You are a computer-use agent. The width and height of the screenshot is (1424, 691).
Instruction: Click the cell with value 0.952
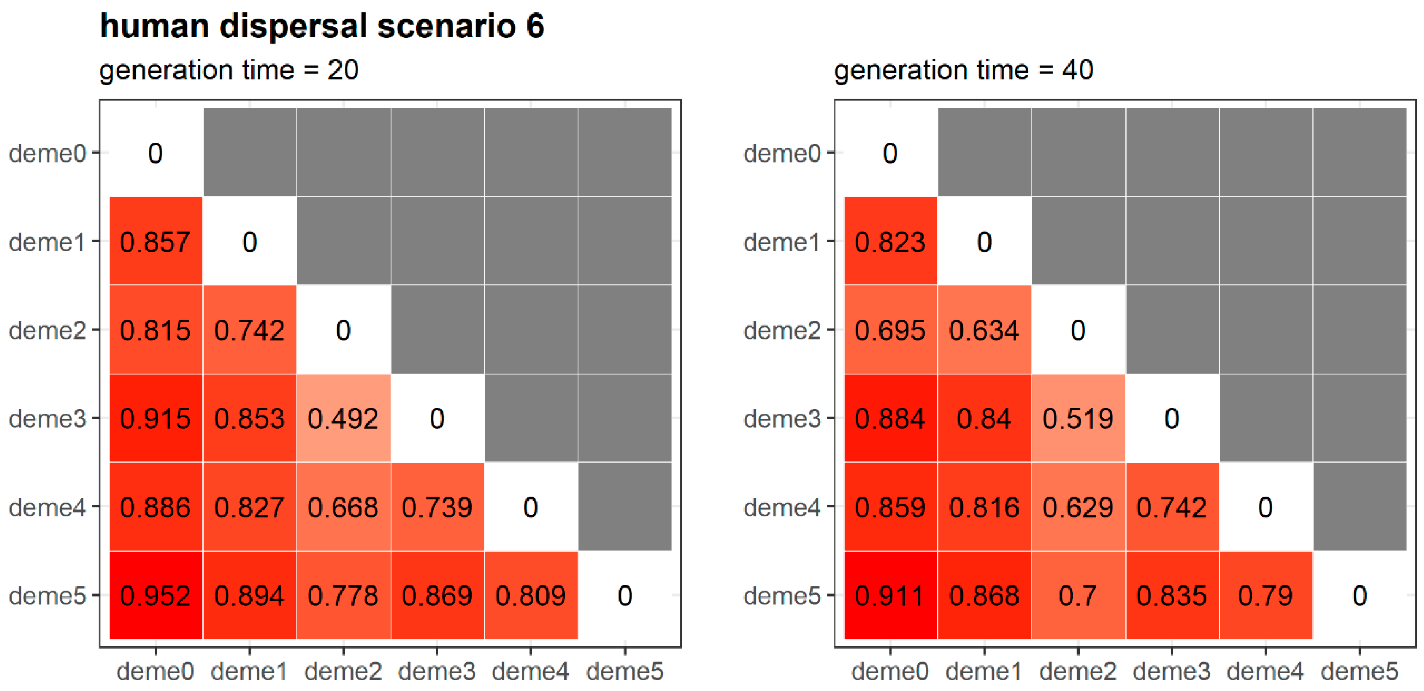point(155,595)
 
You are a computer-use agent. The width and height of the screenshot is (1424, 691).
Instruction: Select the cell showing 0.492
point(343,418)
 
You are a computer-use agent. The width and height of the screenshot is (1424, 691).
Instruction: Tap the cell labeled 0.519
point(1077,418)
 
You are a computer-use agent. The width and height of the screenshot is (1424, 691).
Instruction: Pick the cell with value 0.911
point(890,595)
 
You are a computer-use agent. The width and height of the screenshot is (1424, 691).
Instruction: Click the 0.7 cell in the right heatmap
point(1077,595)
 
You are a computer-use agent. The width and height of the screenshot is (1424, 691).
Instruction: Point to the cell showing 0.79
point(1265,595)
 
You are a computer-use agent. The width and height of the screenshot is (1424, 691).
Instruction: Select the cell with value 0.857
point(155,242)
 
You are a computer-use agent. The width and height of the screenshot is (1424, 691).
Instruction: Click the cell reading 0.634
point(984,330)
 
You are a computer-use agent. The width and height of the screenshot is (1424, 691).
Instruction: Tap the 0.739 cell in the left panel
point(437,507)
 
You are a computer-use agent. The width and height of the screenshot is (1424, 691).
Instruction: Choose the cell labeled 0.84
point(984,418)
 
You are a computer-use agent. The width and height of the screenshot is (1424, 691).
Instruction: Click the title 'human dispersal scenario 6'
point(322,26)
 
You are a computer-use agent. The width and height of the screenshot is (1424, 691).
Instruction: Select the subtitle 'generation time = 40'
point(963,70)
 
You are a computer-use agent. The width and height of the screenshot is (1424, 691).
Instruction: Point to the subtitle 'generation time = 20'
point(229,70)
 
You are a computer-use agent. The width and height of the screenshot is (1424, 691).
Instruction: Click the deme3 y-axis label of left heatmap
point(47,418)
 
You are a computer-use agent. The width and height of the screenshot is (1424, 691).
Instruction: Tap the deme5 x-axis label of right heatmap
point(1359,671)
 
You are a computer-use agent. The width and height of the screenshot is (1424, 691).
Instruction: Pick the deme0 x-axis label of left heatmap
point(155,671)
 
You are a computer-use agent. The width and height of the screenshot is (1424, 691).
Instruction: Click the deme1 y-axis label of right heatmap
point(781,242)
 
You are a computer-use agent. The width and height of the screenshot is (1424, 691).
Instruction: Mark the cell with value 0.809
point(531,595)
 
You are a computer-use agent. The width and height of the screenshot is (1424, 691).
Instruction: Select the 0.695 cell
point(890,330)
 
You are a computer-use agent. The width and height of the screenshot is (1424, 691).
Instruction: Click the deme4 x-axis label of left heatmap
point(531,671)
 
